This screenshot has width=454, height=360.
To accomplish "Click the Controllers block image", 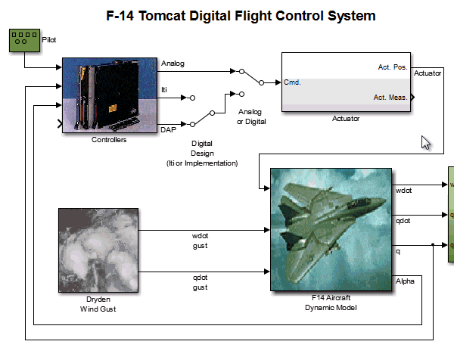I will [x=109, y=95].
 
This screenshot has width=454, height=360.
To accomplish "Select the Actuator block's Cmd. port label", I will [x=293, y=82].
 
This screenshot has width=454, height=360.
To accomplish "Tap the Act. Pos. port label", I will [x=393, y=67].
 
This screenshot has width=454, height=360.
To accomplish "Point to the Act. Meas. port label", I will [x=390, y=97].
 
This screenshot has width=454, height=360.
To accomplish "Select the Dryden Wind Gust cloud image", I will [x=98, y=250].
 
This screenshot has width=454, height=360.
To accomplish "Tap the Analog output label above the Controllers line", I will [x=173, y=64].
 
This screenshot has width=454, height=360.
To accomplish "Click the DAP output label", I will [x=169, y=131].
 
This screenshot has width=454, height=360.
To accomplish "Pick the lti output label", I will [x=165, y=91].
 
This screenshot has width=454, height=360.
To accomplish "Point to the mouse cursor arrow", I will [x=426, y=142].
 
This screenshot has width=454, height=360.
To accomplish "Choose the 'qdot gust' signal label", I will [x=200, y=281].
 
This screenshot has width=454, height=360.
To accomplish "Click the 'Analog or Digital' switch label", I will [x=250, y=116].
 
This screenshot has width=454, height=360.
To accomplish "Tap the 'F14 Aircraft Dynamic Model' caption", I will [x=330, y=303].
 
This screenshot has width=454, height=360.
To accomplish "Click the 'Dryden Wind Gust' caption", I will [x=98, y=304].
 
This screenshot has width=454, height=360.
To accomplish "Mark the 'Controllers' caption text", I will [x=109, y=140].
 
